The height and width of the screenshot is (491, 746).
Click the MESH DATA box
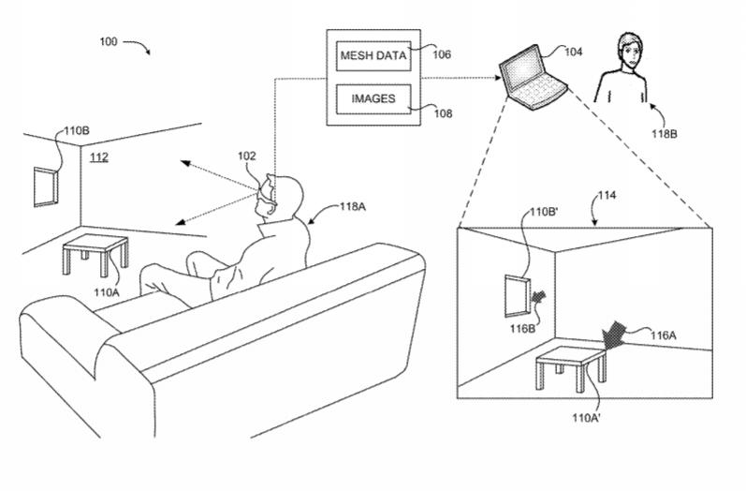tap(373, 55)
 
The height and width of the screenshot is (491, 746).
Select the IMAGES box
tap(373, 99)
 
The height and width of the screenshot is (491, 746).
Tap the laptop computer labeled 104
tap(534, 78)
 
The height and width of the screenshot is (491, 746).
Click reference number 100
tap(108, 42)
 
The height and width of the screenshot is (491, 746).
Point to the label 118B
tap(665, 134)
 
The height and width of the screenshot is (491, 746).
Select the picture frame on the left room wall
tap(46, 186)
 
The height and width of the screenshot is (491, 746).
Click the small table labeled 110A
tap(95, 255)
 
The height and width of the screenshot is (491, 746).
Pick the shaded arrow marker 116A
tap(613, 335)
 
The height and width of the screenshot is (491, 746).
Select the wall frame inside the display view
tap(518, 296)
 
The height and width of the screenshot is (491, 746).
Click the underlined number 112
tap(99, 157)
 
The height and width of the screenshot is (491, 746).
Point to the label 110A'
tap(586, 418)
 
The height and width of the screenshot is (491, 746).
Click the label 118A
tap(353, 207)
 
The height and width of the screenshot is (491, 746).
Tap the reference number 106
tap(442, 54)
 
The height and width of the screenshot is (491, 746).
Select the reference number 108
tap(443, 113)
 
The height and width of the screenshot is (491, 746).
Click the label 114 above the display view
tap(607, 195)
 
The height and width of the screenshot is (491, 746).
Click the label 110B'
tap(544, 212)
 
